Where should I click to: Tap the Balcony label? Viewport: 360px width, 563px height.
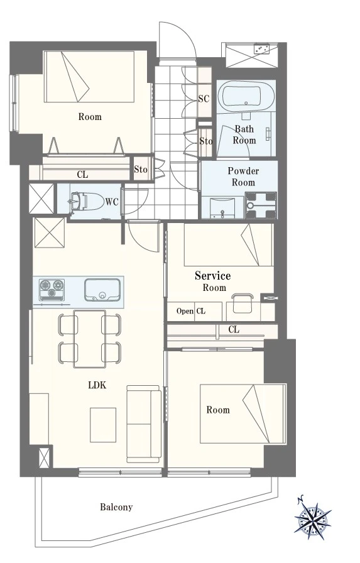[116, 507]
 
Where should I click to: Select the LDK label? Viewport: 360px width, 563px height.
[97, 385]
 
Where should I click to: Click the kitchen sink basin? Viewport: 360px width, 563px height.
[102, 290]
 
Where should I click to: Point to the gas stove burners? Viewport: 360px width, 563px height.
[52, 290]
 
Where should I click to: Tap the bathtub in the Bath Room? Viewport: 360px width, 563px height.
[246, 94]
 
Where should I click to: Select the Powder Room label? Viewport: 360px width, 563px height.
[243, 177]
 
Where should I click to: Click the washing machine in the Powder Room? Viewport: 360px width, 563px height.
[261, 205]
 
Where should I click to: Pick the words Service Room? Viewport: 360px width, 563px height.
[213, 281]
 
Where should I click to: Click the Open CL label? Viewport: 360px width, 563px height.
[191, 311]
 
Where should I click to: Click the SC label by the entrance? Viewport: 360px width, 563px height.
[204, 99]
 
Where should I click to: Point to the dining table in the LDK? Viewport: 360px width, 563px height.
[90, 339]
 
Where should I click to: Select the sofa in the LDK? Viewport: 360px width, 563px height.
[144, 424]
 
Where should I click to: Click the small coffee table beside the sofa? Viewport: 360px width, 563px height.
[103, 425]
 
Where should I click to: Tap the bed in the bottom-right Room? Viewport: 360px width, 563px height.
[243, 413]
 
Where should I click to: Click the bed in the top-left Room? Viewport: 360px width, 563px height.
[89, 77]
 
